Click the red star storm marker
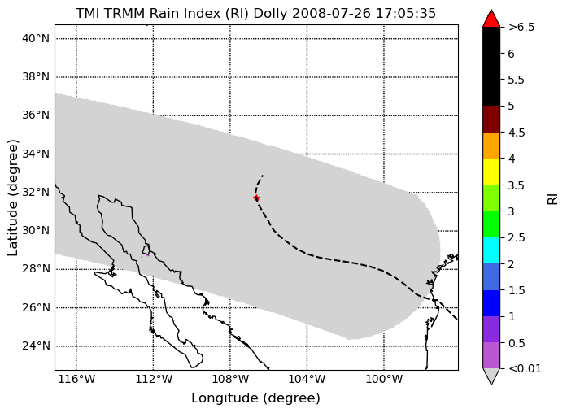point(256,198)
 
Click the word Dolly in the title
point(270,13)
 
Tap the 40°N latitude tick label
point(36,38)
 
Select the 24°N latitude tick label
point(36,346)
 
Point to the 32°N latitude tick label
point(36,192)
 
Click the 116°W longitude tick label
point(76,380)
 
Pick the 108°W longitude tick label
point(230,380)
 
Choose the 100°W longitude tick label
point(384,380)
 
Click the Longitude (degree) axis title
point(255,398)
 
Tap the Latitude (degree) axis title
point(13,198)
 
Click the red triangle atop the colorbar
point(491,19)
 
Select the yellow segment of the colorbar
point(491,172)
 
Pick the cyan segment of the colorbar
point(491,250)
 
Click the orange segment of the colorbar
point(491,146)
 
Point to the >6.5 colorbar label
point(521,28)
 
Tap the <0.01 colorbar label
point(525,368)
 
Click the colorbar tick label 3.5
point(517,185)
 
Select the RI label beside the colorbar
point(553,199)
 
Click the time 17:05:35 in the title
point(406,13)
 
